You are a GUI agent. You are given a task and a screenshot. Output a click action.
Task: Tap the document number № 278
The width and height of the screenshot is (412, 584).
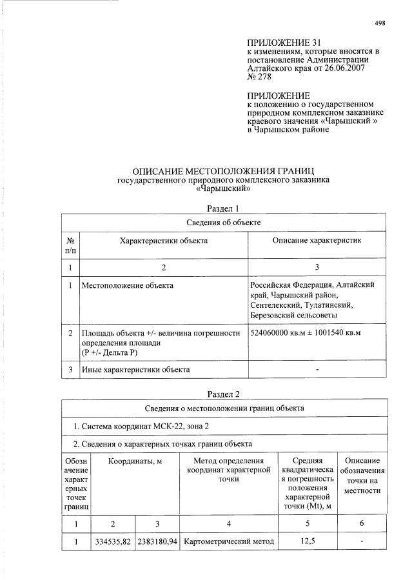click(260, 76)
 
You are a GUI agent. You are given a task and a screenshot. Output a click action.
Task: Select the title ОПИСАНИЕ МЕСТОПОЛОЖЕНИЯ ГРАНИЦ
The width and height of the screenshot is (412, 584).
click(223, 172)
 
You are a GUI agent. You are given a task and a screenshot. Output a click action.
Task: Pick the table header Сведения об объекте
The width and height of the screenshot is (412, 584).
click(223, 223)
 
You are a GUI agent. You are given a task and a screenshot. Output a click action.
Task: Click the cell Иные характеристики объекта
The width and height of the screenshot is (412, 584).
click(135, 370)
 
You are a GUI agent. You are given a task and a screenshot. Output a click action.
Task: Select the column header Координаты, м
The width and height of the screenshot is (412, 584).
click(135, 462)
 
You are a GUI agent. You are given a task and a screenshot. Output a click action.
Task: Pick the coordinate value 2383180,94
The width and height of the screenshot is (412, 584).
click(157, 541)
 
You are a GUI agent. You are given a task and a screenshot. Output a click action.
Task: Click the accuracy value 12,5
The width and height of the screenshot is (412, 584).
click(307, 541)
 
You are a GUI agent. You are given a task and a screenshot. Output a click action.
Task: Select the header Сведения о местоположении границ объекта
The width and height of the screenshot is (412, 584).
click(223, 408)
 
